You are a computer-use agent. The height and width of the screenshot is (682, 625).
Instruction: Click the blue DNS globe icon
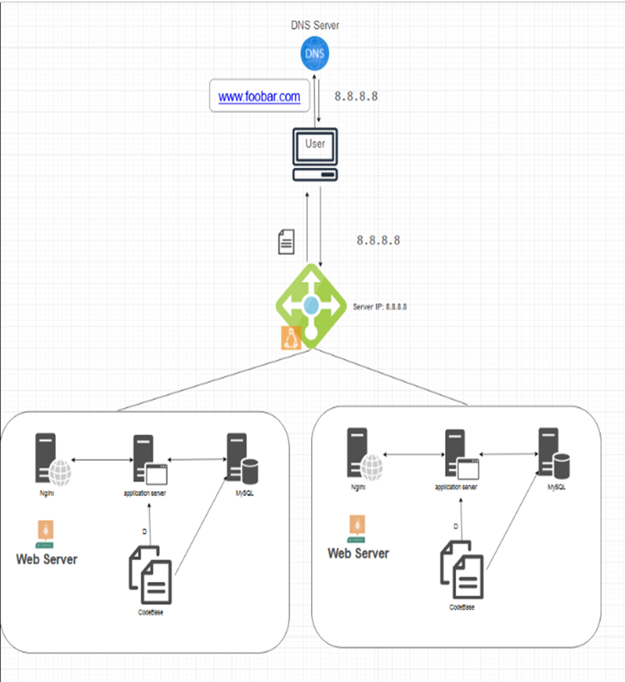point(315,54)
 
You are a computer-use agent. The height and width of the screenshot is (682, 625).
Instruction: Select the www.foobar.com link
point(259,96)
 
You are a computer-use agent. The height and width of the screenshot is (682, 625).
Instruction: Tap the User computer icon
point(315,155)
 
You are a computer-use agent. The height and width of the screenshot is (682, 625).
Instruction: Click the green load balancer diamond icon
point(310,306)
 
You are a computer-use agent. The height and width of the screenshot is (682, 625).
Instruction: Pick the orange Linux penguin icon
point(291,337)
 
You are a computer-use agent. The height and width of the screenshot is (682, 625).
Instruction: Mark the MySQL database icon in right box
point(552,453)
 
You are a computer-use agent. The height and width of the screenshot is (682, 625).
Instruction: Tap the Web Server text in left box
point(47,560)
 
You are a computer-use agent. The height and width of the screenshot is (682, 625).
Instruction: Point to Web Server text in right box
point(358,553)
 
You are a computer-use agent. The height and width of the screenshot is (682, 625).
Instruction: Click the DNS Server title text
point(315,25)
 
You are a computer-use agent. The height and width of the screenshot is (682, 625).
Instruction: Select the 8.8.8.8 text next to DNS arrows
point(356,96)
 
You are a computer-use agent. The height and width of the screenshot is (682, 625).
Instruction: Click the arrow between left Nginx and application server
point(101,460)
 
